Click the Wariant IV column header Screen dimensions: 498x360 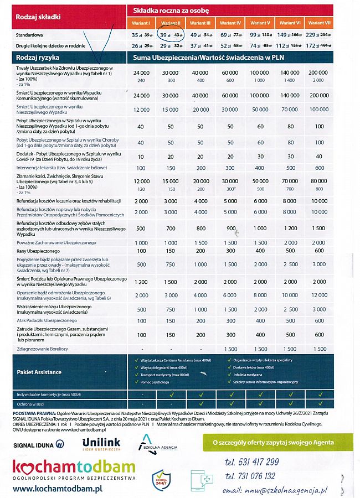click(x=230, y=23)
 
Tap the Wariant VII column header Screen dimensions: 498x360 click(x=319, y=23)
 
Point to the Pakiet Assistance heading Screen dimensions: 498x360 click(x=38, y=372)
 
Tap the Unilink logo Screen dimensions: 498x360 click(x=101, y=444)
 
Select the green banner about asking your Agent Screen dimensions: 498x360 click(x=275, y=443)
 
